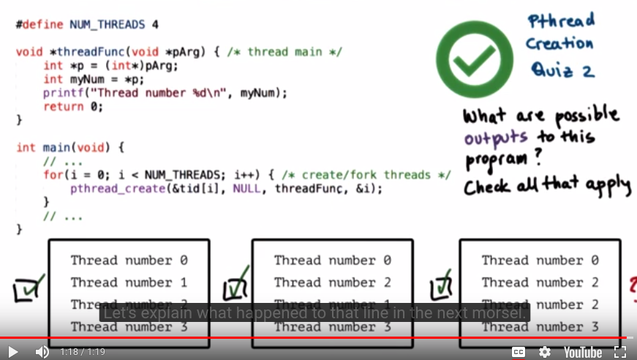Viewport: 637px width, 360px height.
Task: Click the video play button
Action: click(x=13, y=352)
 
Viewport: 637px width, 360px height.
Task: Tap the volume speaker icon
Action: click(x=42, y=352)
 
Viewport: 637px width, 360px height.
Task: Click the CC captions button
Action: click(x=519, y=352)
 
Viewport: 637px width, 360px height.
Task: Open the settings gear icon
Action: click(x=545, y=352)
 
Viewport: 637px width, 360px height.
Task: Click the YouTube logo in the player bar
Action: click(x=582, y=352)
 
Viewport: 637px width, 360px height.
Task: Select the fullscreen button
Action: click(x=620, y=352)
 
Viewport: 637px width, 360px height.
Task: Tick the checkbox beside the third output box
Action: click(x=442, y=288)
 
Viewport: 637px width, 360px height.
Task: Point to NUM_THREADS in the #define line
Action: click(x=108, y=24)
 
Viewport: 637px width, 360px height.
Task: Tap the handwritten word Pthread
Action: click(x=561, y=20)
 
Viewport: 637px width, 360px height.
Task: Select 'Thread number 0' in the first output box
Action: click(x=129, y=260)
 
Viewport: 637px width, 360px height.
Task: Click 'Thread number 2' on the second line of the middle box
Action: click(x=333, y=282)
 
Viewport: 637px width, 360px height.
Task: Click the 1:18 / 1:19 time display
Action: click(x=83, y=352)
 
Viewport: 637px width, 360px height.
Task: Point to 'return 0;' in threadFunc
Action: click(x=73, y=106)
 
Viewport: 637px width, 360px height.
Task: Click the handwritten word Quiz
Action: click(x=552, y=70)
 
